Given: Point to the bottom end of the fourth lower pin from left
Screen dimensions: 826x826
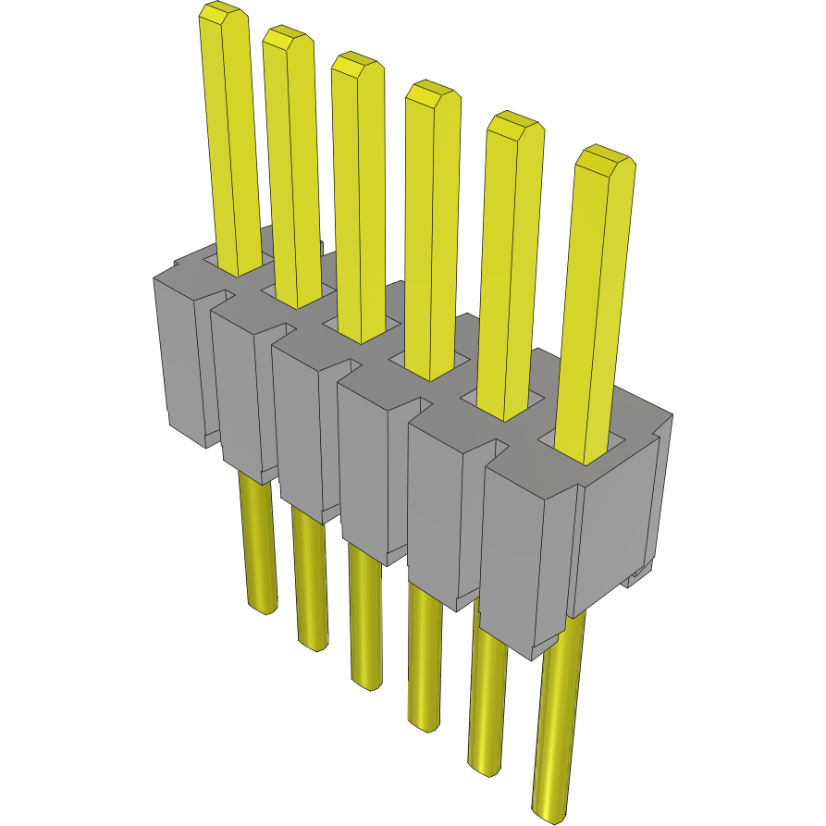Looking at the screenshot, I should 425,724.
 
